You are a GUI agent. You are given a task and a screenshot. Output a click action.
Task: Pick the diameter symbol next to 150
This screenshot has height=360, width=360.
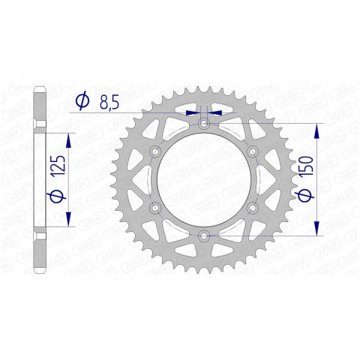tap(304, 197)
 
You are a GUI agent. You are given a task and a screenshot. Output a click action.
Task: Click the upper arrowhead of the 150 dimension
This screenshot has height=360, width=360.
tap(316, 129)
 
